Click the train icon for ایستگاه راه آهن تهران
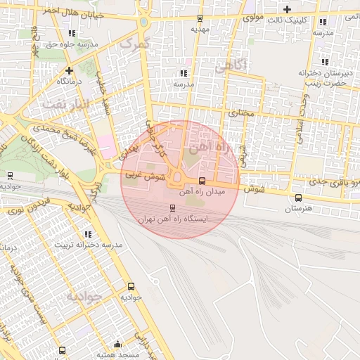coord(172,208)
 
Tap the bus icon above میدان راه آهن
coord(202,181)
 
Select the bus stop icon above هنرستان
coord(299,198)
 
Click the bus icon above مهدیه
coord(200,18)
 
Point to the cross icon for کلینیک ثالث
coord(287,8)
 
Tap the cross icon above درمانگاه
coord(69,70)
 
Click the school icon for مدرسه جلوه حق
coord(73,32)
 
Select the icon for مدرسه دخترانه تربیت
coord(87,233)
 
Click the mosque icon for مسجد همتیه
coord(117,345)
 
